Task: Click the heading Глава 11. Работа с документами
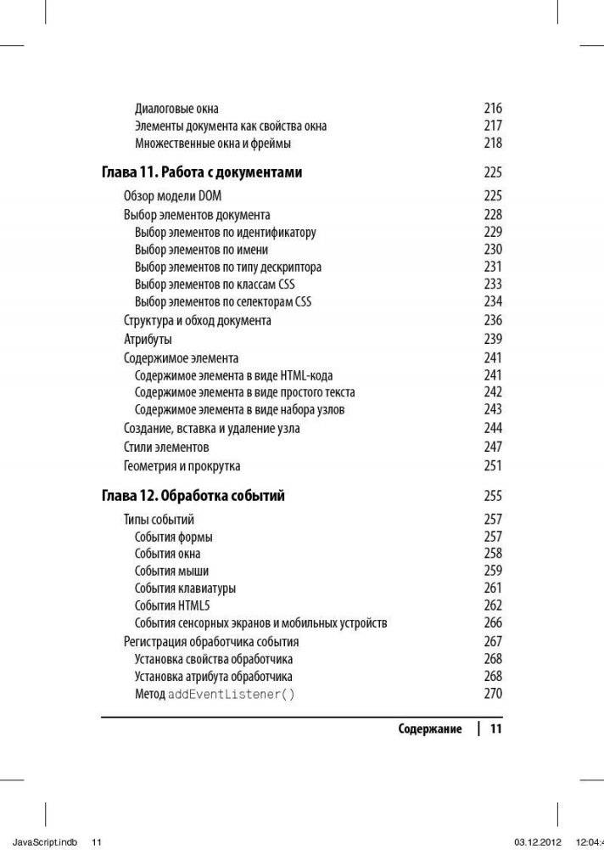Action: (202, 172)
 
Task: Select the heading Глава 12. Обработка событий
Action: (193, 496)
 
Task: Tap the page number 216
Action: (493, 109)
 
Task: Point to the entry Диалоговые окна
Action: (176, 109)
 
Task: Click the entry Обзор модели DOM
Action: (172, 196)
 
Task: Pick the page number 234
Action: (493, 301)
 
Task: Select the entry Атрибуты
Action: (148, 339)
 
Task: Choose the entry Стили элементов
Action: (166, 447)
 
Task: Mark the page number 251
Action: (493, 465)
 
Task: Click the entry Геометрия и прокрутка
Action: (182, 465)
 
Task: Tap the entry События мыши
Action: (171, 571)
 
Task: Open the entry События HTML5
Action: (172, 605)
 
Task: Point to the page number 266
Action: (493, 622)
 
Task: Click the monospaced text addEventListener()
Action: (232, 695)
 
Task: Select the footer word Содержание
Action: (430, 729)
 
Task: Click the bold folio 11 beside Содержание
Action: (496, 729)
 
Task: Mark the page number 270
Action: (493, 694)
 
